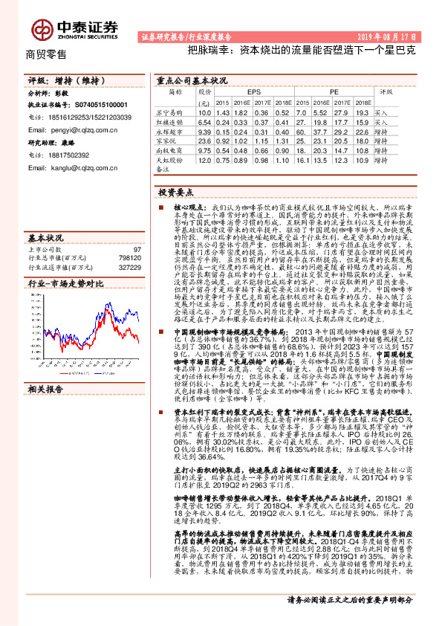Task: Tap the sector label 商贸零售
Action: (47, 54)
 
